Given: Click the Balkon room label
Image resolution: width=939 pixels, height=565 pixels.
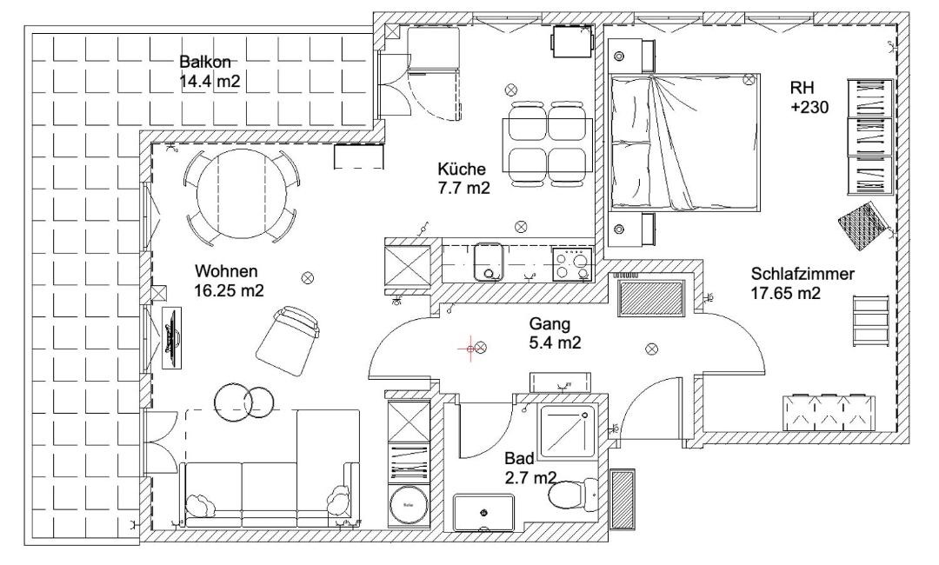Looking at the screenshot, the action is pyautogui.click(x=205, y=62).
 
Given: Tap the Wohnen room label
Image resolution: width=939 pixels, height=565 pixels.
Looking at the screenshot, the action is pyautogui.click(x=226, y=271).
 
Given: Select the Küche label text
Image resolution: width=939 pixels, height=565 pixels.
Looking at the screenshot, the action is pyautogui.click(x=462, y=168).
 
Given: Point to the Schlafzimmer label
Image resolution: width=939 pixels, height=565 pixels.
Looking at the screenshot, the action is pyautogui.click(x=802, y=274).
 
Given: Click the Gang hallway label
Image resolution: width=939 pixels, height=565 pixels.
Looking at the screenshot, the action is pyautogui.click(x=549, y=324).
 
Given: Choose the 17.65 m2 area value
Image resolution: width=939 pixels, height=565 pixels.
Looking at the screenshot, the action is pyautogui.click(x=785, y=293).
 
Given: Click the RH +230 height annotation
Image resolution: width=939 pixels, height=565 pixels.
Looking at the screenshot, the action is pyautogui.click(x=809, y=97).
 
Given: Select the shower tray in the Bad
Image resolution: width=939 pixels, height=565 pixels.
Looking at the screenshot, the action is pyautogui.click(x=567, y=434).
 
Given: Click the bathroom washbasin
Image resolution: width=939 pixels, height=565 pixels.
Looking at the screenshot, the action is pyautogui.click(x=483, y=512).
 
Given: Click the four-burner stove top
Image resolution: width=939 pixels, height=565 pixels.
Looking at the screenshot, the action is pyautogui.click(x=571, y=264).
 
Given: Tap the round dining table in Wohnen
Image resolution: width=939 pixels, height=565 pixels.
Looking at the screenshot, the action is pyautogui.click(x=242, y=193).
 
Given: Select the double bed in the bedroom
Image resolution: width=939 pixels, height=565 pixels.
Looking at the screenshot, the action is pyautogui.click(x=684, y=142).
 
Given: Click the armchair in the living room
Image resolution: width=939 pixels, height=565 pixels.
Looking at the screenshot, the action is pyautogui.click(x=288, y=341).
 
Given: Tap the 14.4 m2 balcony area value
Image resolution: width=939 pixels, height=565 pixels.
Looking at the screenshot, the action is pyautogui.click(x=210, y=82).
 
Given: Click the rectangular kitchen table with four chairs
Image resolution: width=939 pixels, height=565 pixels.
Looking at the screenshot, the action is pyautogui.click(x=548, y=143).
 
